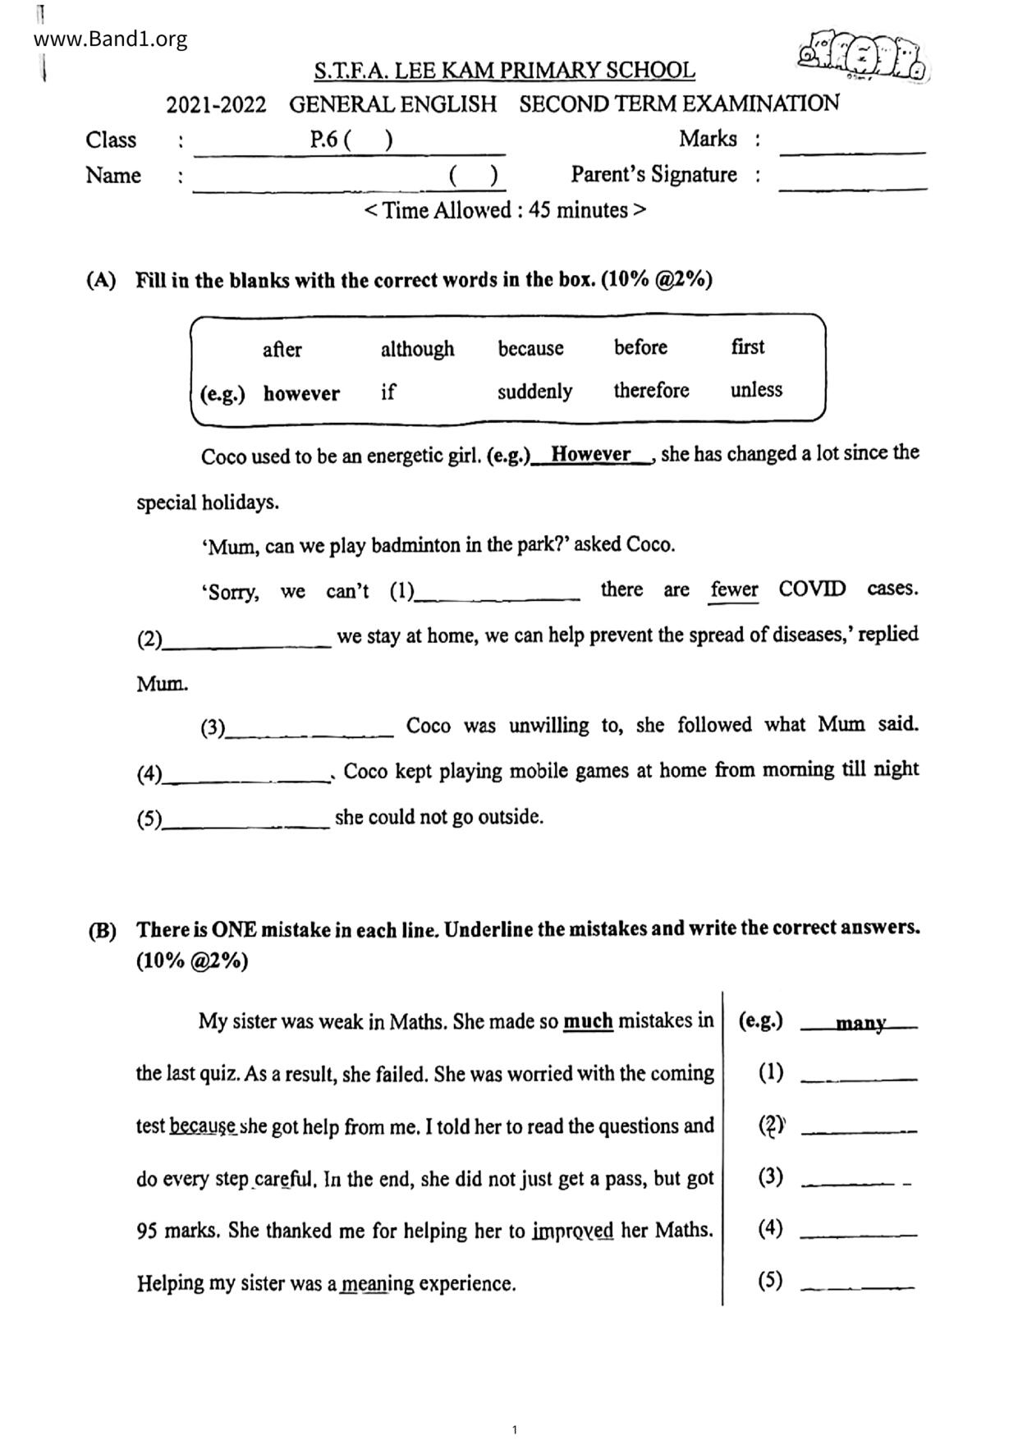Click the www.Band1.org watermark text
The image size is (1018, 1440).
(x=111, y=39)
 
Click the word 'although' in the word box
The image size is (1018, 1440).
(x=417, y=349)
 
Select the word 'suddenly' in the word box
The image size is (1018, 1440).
(x=534, y=391)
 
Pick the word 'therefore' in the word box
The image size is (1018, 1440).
(x=651, y=390)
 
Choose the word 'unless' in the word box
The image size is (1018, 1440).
(x=756, y=389)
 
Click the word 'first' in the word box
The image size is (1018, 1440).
(x=747, y=346)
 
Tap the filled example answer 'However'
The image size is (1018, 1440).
(x=590, y=454)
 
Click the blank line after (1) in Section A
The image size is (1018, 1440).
(x=498, y=598)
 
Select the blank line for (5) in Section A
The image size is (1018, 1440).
(x=246, y=824)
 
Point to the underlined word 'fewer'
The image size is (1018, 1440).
(x=734, y=589)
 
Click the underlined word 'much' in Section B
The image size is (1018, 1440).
(x=588, y=1021)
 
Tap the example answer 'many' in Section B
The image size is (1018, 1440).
(x=860, y=1023)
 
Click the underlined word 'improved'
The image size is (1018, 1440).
(x=572, y=1231)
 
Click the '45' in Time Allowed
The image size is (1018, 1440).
(x=540, y=210)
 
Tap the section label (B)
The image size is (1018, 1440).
(x=102, y=931)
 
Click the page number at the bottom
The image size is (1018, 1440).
(x=514, y=1429)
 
